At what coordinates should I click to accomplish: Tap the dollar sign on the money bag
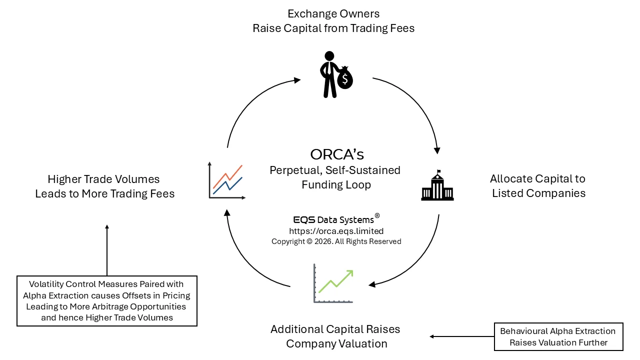(x=345, y=79)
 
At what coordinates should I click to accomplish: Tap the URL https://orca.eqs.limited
(x=336, y=231)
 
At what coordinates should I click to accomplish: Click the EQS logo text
(x=304, y=220)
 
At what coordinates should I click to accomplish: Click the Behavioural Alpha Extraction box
(x=558, y=336)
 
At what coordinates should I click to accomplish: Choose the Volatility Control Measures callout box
(x=107, y=300)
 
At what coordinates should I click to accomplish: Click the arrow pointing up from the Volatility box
(x=107, y=250)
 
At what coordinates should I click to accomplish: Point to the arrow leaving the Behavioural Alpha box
(x=460, y=336)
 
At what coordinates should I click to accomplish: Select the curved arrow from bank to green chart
(x=420, y=262)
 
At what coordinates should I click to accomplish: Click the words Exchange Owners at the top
(x=333, y=13)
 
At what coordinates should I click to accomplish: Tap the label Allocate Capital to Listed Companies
(x=538, y=185)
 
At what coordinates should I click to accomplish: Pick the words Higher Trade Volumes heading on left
(x=104, y=179)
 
